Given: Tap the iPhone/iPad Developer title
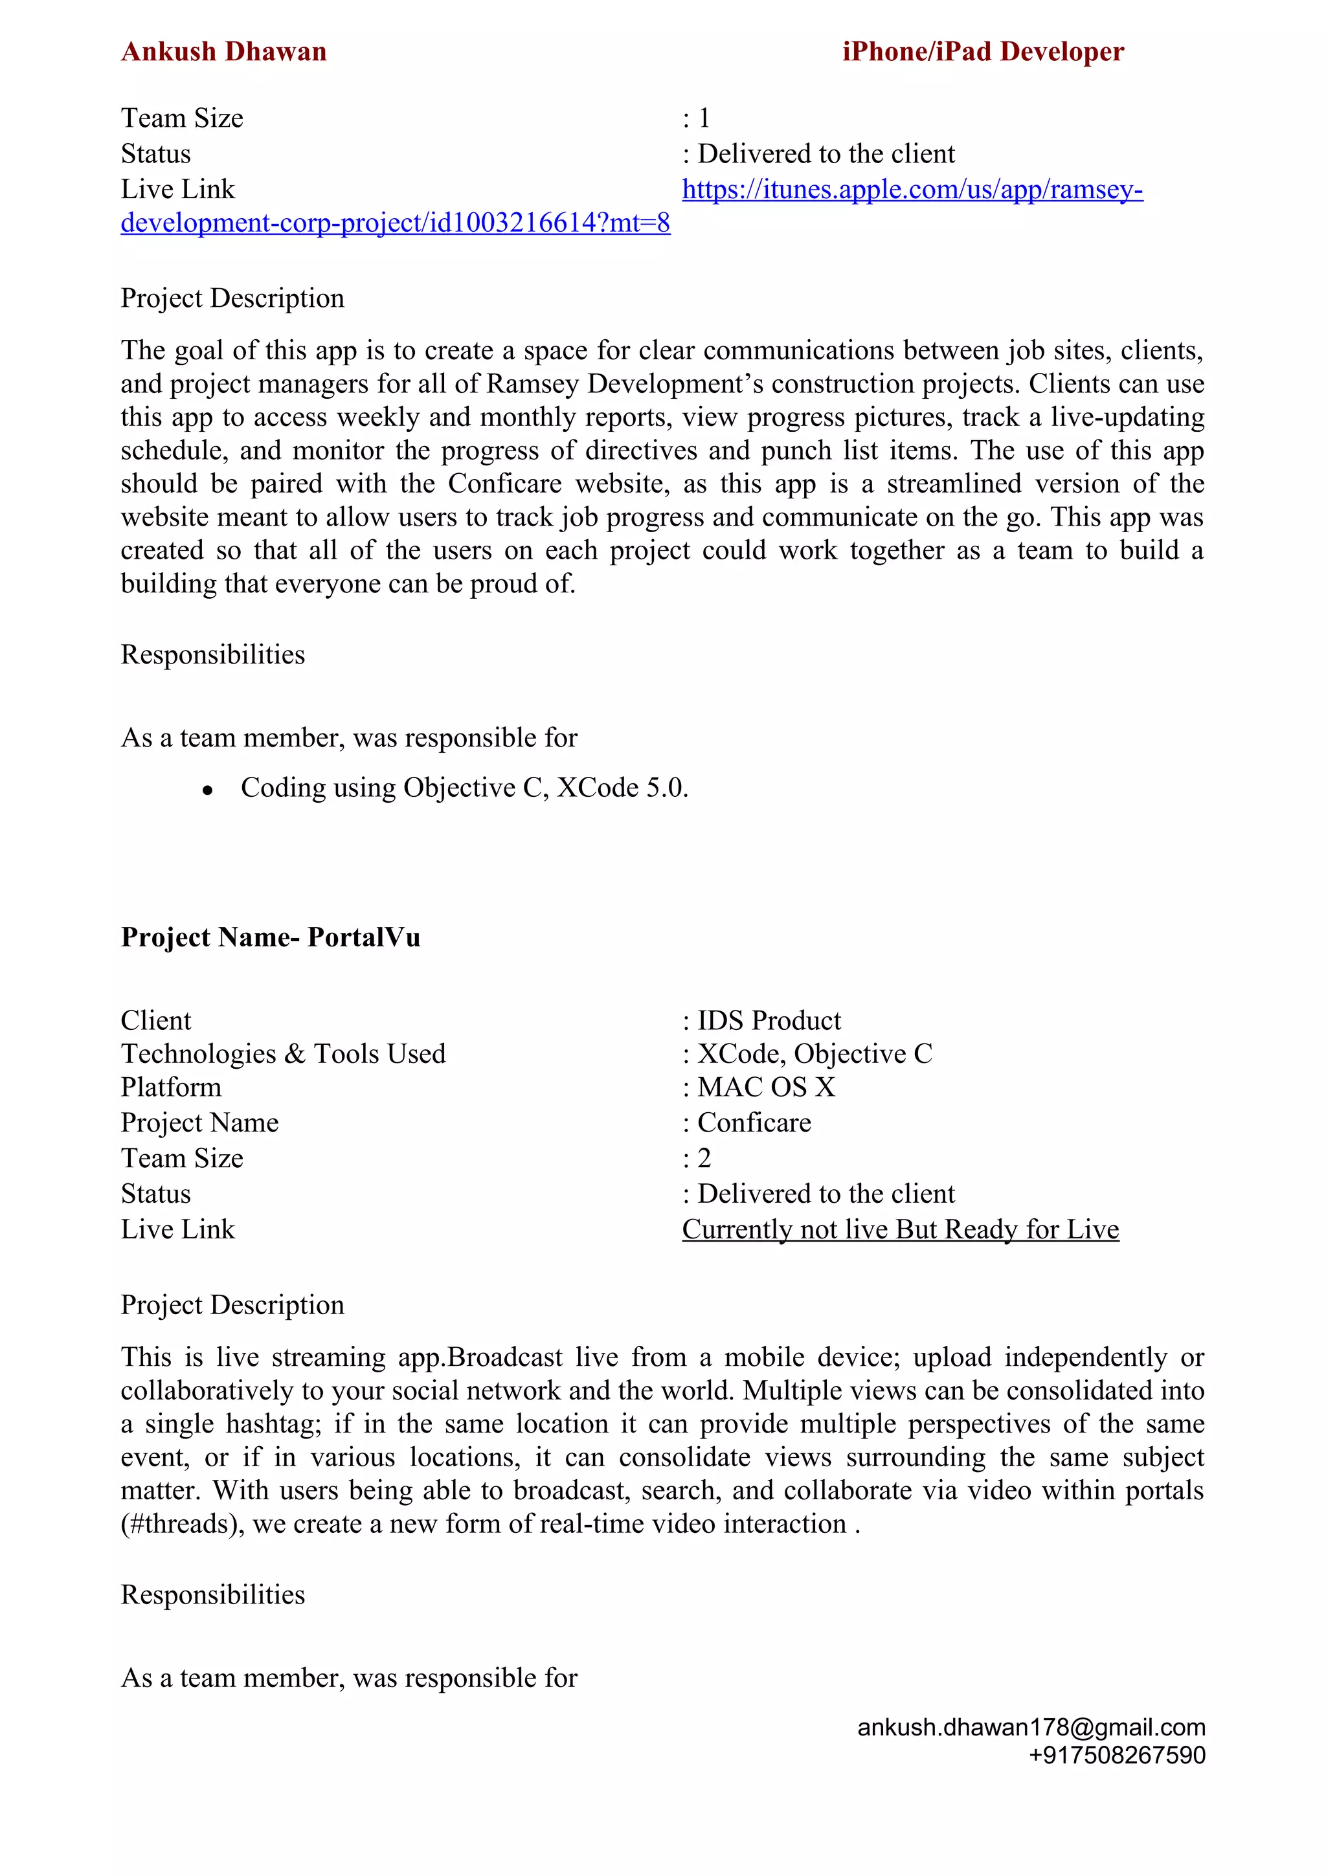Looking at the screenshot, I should pos(983,52).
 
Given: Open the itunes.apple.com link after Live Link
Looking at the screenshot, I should pos(912,190).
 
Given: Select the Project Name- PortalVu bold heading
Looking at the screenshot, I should pos(271,937).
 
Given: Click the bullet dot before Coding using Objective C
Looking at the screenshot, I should pos(208,790).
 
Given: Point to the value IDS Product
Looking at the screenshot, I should pos(769,1020).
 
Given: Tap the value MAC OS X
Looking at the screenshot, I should pos(765,1088).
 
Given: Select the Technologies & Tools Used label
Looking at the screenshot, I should pos(283,1054).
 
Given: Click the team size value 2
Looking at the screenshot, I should pos(704,1158).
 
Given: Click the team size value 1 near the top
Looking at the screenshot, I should pos(704,118).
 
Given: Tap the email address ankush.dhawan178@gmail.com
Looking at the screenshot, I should pos(1031,1727).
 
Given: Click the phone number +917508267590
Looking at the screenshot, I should pos(1117,1755).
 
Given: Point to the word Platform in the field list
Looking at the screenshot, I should pos(171,1088).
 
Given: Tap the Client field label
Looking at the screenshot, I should pos(155,1020).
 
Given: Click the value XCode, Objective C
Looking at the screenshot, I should pos(814,1054).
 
